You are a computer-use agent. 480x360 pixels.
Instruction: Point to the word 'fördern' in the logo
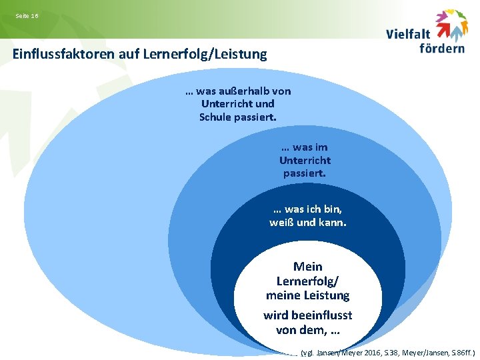click(x=442, y=48)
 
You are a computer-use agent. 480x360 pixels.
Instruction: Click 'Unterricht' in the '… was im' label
click(x=305, y=160)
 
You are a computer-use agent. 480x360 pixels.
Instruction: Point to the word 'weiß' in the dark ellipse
click(x=281, y=223)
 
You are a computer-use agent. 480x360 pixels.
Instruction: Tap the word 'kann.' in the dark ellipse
click(x=331, y=223)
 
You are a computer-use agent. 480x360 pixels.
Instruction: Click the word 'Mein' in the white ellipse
click(x=308, y=267)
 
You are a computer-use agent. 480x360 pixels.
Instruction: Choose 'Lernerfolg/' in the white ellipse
click(x=308, y=281)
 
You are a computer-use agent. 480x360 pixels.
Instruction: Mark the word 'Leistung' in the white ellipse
click(x=326, y=295)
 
